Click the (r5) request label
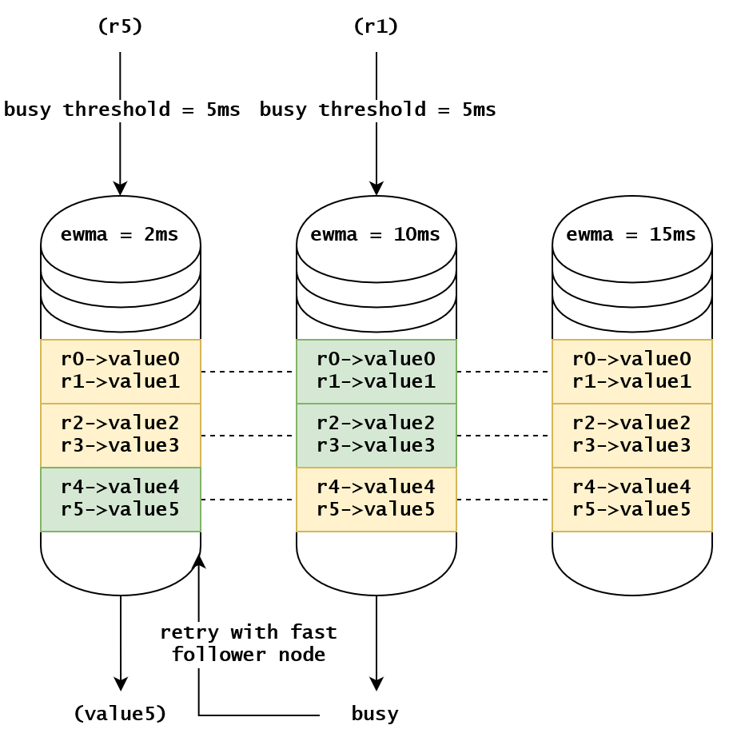point(120,26)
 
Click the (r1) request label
point(376,26)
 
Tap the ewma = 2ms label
point(120,235)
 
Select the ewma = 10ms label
point(376,235)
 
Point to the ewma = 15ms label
point(631,235)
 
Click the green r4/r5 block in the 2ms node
point(121,499)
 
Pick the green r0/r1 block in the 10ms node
point(376,371)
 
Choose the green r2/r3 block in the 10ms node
point(376,435)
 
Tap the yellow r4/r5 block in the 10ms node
point(376,499)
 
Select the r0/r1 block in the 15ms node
point(632,371)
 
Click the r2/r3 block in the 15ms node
point(632,435)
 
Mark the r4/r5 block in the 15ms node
point(632,499)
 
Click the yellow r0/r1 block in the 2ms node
point(121,371)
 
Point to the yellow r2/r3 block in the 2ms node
point(121,435)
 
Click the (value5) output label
point(120,713)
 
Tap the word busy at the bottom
point(375,713)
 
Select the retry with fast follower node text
point(248,643)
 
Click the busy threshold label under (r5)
point(122,110)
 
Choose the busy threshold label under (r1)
point(377,110)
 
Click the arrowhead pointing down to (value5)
point(121,684)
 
